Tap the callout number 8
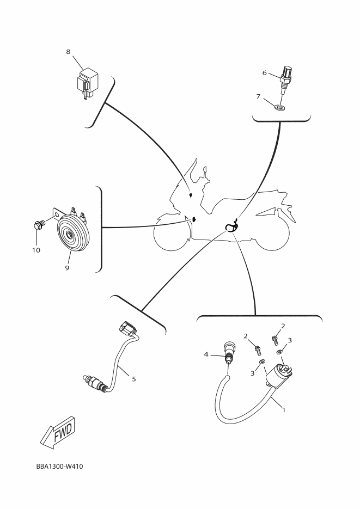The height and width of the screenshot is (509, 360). click(68, 52)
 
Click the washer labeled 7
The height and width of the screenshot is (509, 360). click(280, 107)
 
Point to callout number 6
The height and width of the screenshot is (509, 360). click(265, 72)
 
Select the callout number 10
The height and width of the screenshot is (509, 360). click(36, 250)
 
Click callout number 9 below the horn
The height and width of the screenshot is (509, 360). click(67, 268)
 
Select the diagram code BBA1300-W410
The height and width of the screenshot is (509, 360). click(60, 467)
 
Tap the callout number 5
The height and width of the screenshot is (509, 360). click(134, 378)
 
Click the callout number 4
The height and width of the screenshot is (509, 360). click(206, 354)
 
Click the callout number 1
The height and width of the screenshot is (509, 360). click(284, 410)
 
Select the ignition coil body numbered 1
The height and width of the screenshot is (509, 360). click(278, 376)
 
